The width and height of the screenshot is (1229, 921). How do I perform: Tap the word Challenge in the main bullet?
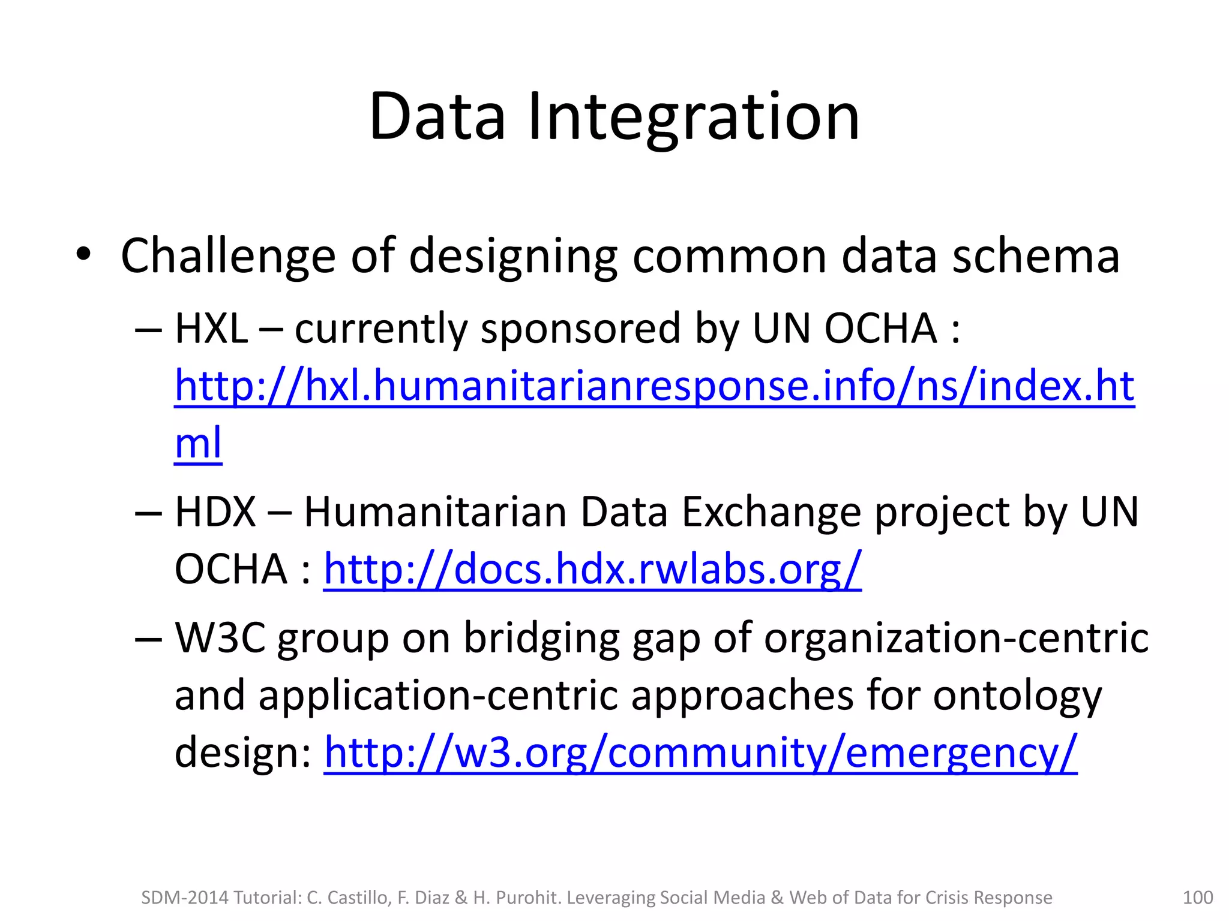[227, 257]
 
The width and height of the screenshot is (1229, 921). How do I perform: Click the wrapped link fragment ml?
[198, 443]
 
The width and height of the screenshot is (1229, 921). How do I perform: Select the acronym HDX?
[215, 512]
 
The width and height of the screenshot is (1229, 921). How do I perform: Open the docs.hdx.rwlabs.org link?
[592, 569]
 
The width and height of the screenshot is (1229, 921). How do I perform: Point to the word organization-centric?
[956, 638]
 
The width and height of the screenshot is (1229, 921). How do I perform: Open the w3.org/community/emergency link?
[700, 753]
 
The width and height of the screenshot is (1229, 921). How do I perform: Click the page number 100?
[1197, 898]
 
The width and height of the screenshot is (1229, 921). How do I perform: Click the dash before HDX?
[148, 513]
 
